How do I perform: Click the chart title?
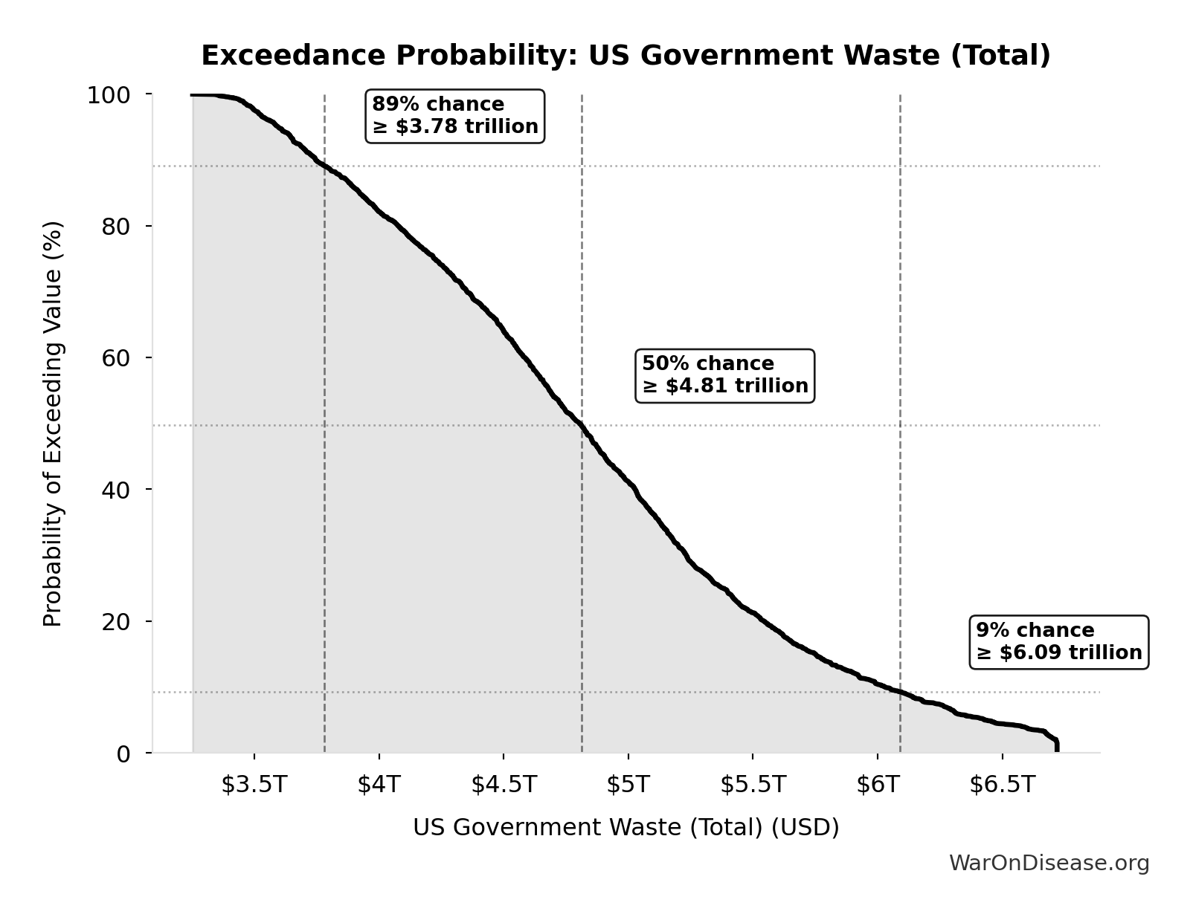tap(626, 56)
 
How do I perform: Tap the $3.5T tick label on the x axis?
tap(254, 785)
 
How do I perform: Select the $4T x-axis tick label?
tap(379, 785)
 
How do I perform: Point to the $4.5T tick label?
tap(504, 785)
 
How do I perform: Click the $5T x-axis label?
tap(628, 785)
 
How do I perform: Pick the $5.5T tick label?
tap(753, 785)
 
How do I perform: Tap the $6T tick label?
tap(878, 785)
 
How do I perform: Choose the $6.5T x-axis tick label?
tap(1002, 785)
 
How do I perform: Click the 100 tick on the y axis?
tap(109, 95)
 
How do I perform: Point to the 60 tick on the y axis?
tap(116, 358)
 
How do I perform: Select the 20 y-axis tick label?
tap(116, 621)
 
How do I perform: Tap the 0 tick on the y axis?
tap(123, 754)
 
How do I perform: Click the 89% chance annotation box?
tap(455, 115)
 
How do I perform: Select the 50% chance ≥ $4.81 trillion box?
tap(725, 375)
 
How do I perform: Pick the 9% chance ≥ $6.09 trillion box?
tap(1059, 642)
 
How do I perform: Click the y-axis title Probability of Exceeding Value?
tap(52, 424)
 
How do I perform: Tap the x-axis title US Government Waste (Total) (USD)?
tap(626, 827)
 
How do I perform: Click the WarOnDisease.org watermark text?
tap(1049, 863)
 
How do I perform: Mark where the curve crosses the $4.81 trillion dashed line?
tap(582, 426)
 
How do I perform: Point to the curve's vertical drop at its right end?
tap(1057, 746)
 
